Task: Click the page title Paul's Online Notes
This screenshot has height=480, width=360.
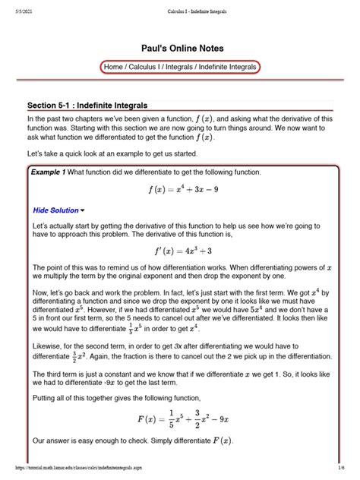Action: [x=180, y=46]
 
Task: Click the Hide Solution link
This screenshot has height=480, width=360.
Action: [x=55, y=210]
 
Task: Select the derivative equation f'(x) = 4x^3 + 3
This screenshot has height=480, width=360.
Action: [x=180, y=251]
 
